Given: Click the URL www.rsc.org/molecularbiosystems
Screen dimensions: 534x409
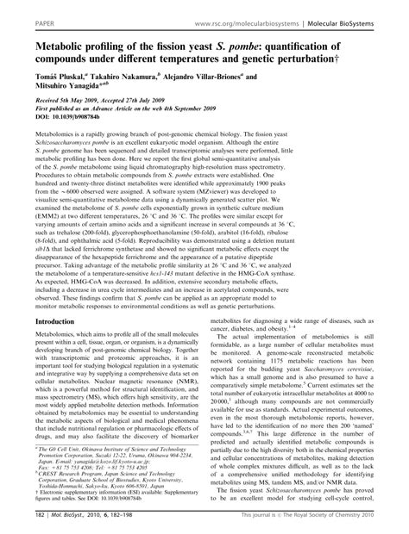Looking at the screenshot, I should pos(244,15).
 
